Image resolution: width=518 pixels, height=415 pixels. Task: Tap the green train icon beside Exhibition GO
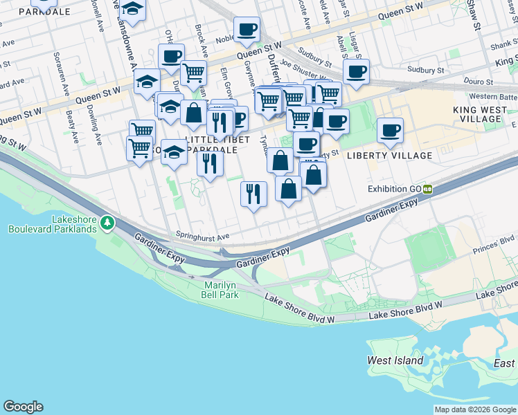[x=428, y=188]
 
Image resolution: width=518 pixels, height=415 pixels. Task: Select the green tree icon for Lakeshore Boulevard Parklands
[x=107, y=223]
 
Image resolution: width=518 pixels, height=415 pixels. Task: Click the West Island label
[x=395, y=360]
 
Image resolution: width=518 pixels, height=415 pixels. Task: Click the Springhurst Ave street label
[x=202, y=236]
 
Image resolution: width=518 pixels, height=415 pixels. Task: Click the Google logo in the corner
[x=23, y=407]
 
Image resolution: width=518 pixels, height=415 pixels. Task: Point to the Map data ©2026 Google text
[x=474, y=409]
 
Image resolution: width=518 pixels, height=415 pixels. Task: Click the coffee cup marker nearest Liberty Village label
[x=390, y=130]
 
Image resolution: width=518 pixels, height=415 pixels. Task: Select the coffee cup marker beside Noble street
[x=247, y=30]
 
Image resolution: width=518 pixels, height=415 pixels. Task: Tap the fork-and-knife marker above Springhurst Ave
[x=254, y=193]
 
